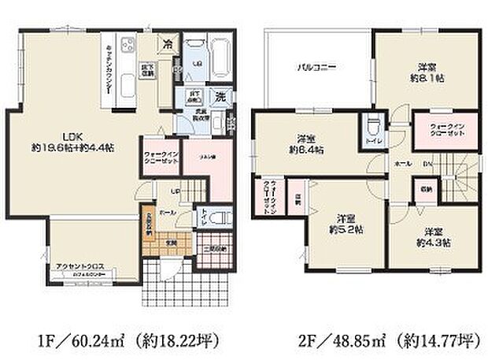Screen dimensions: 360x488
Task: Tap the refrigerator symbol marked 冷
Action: (167, 44)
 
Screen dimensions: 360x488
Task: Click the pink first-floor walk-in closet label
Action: (165, 157)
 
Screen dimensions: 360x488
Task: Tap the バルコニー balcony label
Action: (317, 67)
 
